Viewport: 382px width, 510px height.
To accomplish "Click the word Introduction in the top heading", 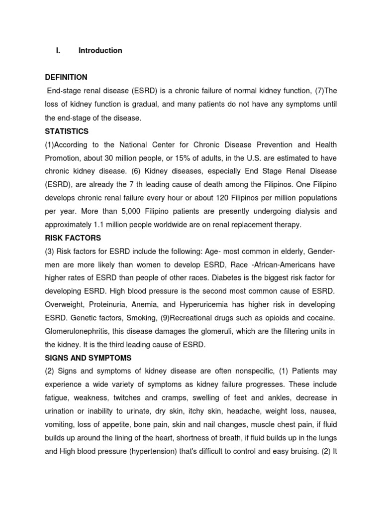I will (100, 50).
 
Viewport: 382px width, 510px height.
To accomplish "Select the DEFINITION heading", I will (66, 77).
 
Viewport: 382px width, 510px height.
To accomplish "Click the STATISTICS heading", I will (67, 131).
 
